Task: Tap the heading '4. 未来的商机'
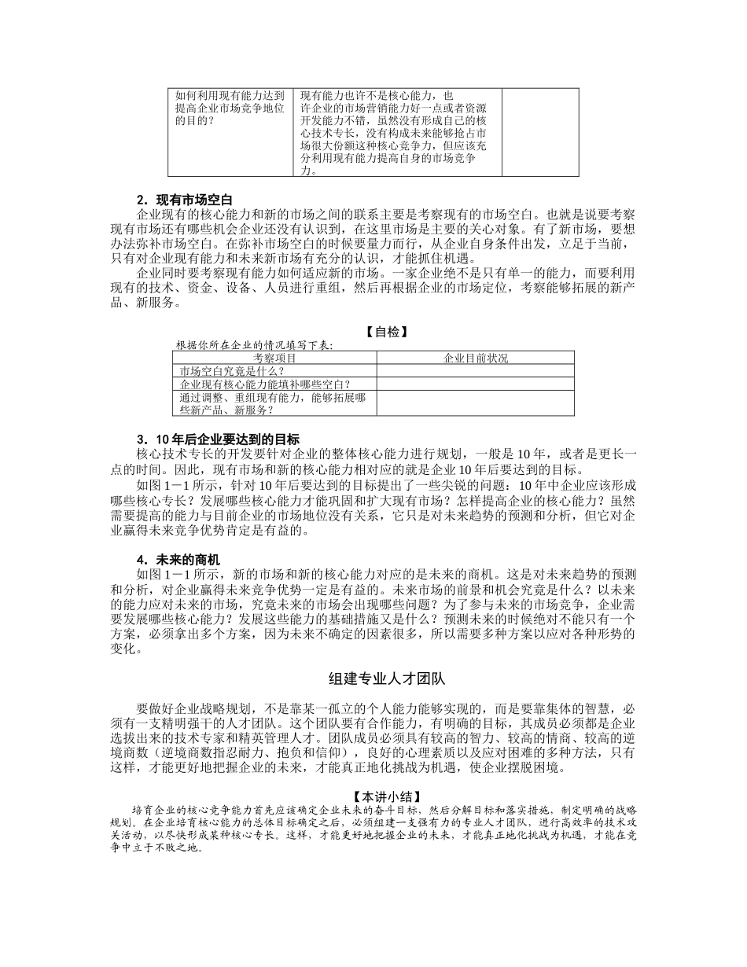pos(178,559)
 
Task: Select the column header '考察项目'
pos(274,358)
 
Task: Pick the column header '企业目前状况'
pos(475,358)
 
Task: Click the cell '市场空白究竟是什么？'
pos(233,371)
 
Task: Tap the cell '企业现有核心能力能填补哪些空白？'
pos(266,384)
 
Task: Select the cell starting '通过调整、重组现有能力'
pos(273,403)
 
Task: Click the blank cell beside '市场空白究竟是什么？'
pos(475,371)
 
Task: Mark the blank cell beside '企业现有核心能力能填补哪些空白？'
pos(475,384)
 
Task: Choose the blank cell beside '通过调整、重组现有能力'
pos(475,403)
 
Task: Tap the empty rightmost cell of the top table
pos(540,132)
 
